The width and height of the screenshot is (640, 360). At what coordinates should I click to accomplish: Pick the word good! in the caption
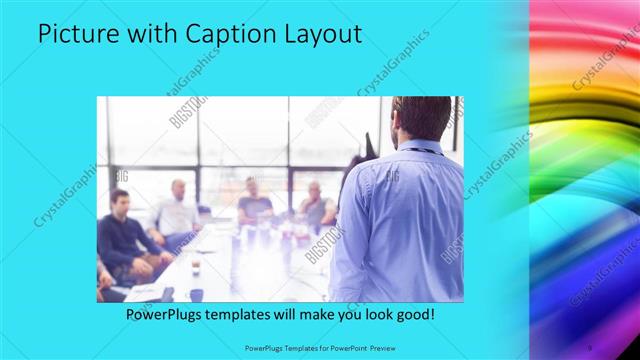coord(412,314)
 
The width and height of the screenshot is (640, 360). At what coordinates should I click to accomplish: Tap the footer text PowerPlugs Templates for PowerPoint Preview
coord(319,347)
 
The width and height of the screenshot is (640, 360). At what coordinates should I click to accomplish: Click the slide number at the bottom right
coord(589,347)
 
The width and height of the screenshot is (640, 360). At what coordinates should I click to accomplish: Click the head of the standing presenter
coord(421,118)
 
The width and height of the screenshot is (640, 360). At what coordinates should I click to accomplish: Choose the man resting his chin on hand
coord(316,205)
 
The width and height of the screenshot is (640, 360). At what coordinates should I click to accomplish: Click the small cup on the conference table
coord(195,267)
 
